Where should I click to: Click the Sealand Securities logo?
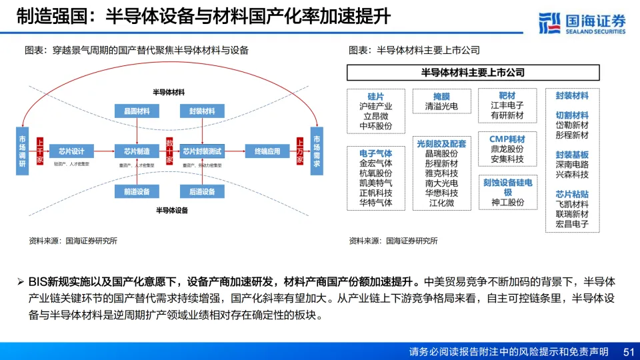tap(582, 23)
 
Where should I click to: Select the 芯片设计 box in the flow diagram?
tap(71, 150)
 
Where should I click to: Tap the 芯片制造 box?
tap(136, 150)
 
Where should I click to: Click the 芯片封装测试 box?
tap(202, 150)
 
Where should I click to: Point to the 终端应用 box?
tap(267, 150)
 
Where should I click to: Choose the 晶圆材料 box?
tap(136, 111)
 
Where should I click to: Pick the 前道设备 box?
tap(136, 191)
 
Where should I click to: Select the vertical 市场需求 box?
tap(316, 150)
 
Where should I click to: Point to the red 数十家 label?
tap(169, 151)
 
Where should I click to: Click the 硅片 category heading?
tap(376, 96)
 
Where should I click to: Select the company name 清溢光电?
tap(441, 106)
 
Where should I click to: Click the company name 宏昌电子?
tap(572, 225)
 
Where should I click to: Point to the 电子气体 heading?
tap(376, 153)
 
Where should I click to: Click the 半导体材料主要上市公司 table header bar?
tap(473, 72)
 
